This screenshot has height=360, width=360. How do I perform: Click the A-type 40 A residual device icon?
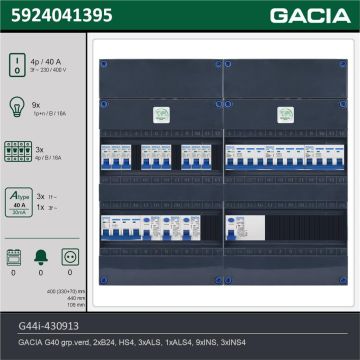[18, 196]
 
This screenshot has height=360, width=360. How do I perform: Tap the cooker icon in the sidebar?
[15, 257]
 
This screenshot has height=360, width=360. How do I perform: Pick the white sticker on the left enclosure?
[157, 114]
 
